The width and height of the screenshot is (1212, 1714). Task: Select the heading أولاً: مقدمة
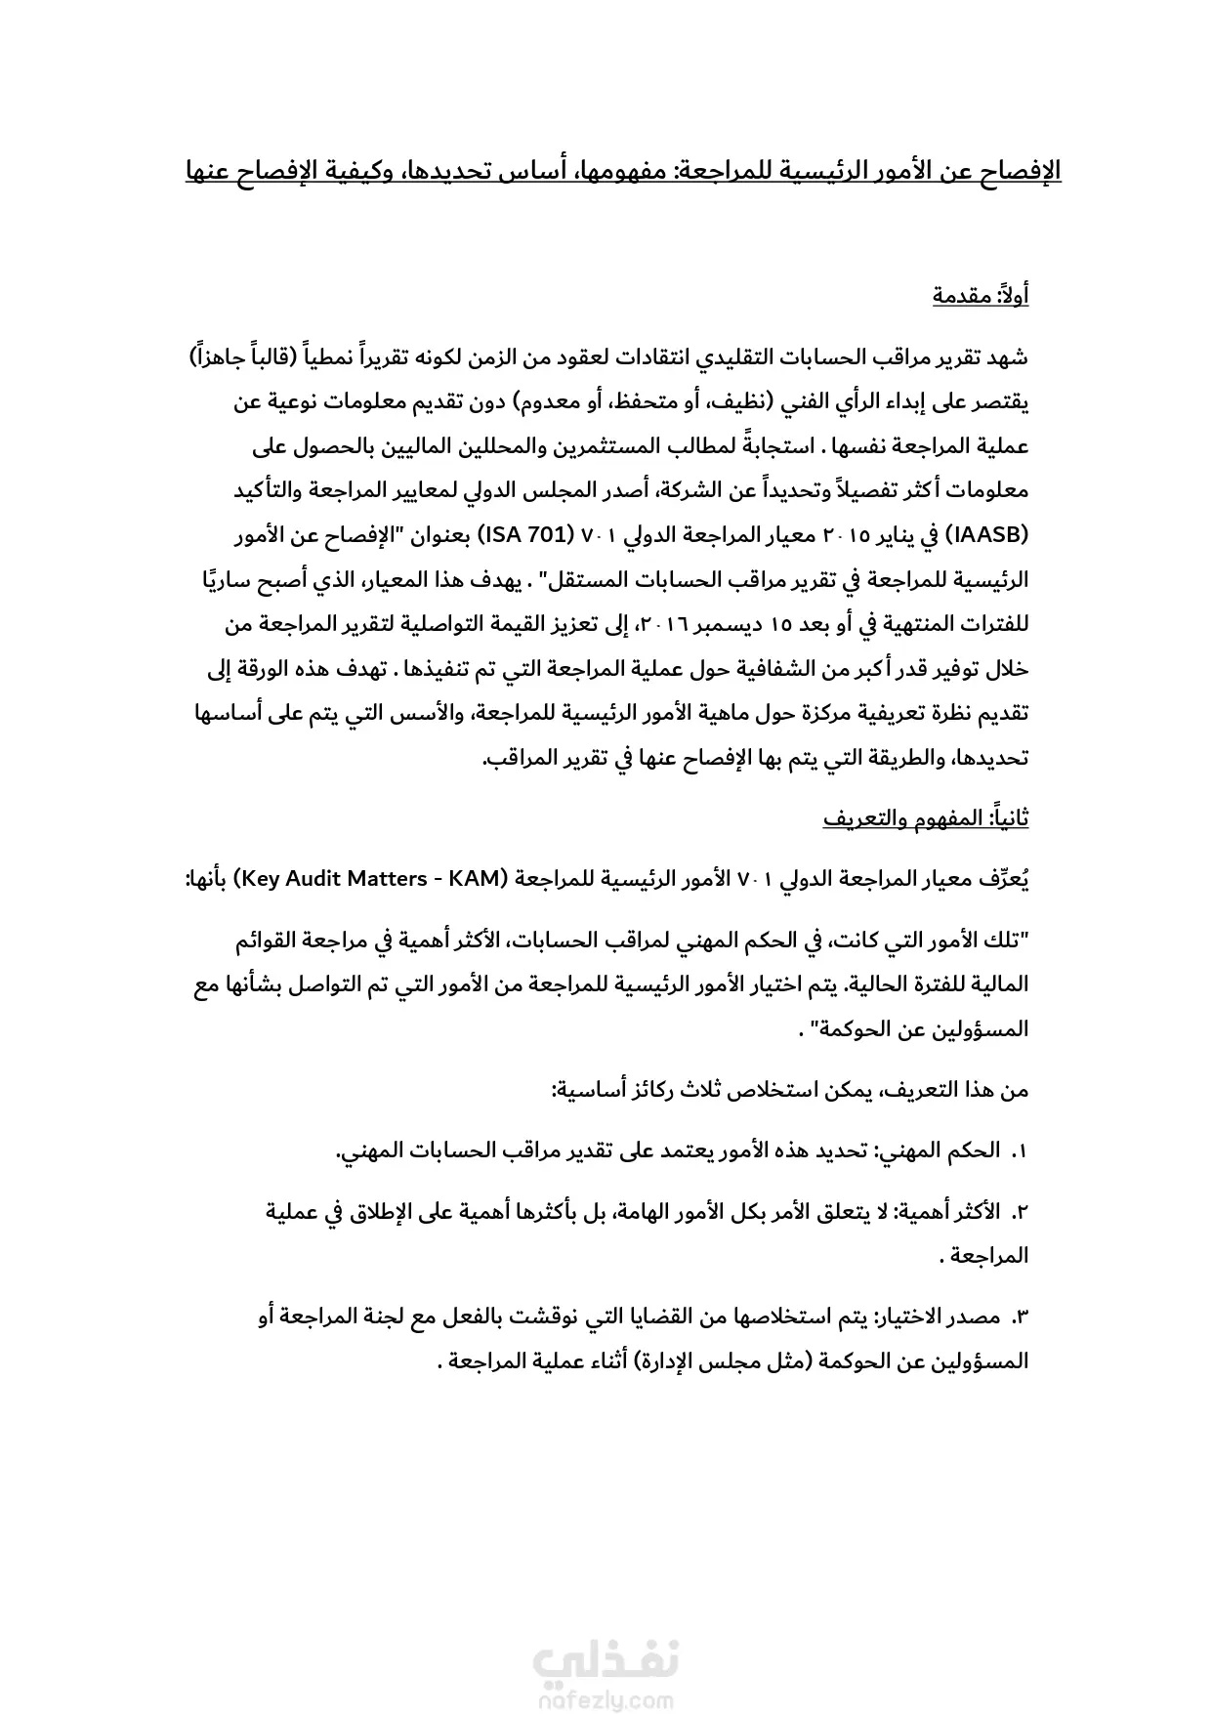click(x=980, y=295)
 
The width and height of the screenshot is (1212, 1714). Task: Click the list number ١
click(x=1019, y=1151)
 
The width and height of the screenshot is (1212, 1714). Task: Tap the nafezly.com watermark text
click(x=606, y=1700)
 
